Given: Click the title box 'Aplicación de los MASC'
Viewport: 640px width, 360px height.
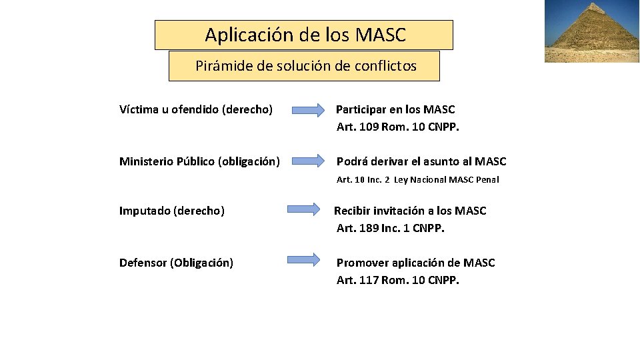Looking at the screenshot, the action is tap(304, 35).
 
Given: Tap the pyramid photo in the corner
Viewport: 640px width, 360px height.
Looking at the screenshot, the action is tap(592, 31).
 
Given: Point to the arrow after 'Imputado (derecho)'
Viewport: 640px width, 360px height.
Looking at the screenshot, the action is tap(303, 210).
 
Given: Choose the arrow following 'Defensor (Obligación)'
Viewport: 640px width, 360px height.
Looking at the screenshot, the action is tap(303, 260).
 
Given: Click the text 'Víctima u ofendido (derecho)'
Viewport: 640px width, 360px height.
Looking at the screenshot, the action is tap(196, 109).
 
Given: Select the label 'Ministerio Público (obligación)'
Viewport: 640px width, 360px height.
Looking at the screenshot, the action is tap(199, 161).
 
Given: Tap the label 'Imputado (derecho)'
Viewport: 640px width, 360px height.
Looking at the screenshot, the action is tap(172, 211).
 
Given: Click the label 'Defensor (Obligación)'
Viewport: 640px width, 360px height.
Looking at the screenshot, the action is tap(176, 263).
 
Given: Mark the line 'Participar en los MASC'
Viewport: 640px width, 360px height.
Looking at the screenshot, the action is tap(395, 109).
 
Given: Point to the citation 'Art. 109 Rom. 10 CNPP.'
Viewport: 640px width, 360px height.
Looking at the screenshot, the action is tap(398, 127).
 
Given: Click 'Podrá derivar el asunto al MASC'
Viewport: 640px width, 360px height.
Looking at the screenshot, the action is tap(421, 161).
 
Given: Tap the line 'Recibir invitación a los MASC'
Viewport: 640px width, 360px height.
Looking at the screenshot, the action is tap(410, 211).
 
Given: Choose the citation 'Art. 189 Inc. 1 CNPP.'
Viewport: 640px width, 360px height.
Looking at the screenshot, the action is tap(391, 228).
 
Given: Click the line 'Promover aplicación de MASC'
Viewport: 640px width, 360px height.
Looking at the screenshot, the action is tap(415, 263).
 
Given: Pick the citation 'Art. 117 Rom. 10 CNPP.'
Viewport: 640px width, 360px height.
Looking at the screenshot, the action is tap(398, 280).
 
